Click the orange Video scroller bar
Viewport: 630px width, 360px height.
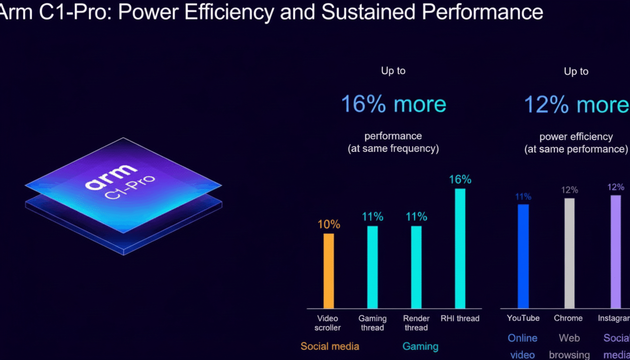(329, 270)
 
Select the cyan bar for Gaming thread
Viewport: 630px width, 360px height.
(372, 267)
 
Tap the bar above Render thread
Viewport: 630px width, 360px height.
(416, 267)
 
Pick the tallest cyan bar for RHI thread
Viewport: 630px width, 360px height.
(460, 248)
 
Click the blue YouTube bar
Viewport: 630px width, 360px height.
(523, 256)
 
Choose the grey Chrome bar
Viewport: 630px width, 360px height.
(569, 253)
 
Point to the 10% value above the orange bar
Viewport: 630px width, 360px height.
(329, 225)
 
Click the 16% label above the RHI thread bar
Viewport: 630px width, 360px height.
(460, 180)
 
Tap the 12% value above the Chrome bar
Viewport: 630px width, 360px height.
(570, 190)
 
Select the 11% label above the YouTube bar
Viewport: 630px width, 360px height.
(523, 197)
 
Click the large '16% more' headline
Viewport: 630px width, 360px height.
(393, 104)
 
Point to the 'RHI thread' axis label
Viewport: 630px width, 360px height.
(460, 318)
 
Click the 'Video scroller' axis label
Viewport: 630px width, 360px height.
(327, 323)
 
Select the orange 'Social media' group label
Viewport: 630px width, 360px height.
(330, 346)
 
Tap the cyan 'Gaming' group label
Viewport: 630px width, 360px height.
(420, 346)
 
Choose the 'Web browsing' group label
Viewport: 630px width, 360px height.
(569, 346)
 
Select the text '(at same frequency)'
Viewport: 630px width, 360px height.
(393, 149)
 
